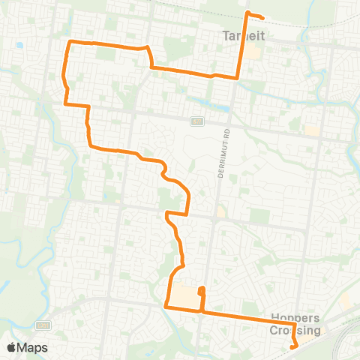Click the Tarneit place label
point(240,34)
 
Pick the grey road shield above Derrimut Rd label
point(197,121)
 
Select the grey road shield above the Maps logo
point(43,325)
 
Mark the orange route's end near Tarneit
point(263,18)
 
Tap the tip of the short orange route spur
point(200,289)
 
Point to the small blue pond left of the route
point(19,45)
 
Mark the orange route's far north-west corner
point(70,41)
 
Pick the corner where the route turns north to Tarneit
point(238,77)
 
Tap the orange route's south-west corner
point(165,305)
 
